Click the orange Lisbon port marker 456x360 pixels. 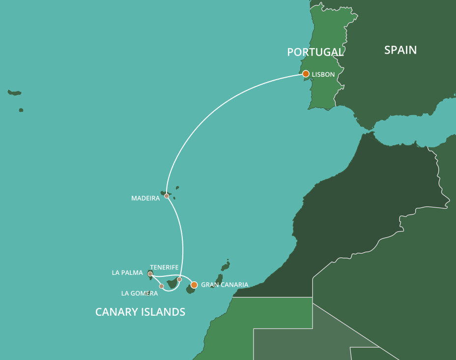(x=306, y=74)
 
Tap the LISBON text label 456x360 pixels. (x=323, y=75)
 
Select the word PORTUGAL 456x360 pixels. (x=315, y=52)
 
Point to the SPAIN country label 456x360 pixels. (x=400, y=50)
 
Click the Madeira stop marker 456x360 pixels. (x=167, y=196)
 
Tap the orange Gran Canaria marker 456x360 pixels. (x=194, y=285)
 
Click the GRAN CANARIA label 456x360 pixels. (x=225, y=285)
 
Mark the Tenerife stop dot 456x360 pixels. (x=179, y=279)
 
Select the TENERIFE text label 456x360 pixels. (x=164, y=268)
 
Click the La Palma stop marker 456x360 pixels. (x=150, y=273)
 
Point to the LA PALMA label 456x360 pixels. (x=127, y=273)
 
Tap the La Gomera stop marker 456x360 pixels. (x=161, y=286)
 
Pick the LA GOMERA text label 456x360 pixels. (x=140, y=294)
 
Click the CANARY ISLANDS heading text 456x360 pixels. (x=140, y=312)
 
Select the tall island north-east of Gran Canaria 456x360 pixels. (x=226, y=266)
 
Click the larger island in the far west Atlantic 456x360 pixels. (x=15, y=92)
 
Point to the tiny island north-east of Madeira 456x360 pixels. (x=177, y=187)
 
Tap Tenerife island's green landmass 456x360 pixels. (x=172, y=284)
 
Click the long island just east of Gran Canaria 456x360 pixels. (x=218, y=280)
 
